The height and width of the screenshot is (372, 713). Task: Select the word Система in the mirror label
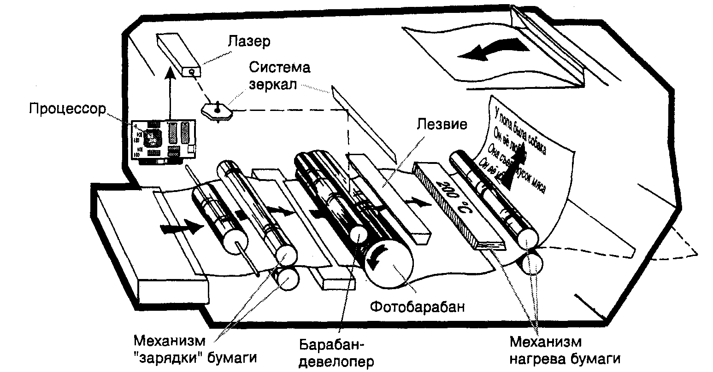point(280,68)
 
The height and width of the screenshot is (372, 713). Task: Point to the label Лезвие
point(442,124)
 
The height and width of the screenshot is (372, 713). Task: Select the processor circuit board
point(164,140)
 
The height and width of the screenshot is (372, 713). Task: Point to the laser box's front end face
point(191,71)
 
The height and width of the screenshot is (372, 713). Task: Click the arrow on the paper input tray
point(182,227)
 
